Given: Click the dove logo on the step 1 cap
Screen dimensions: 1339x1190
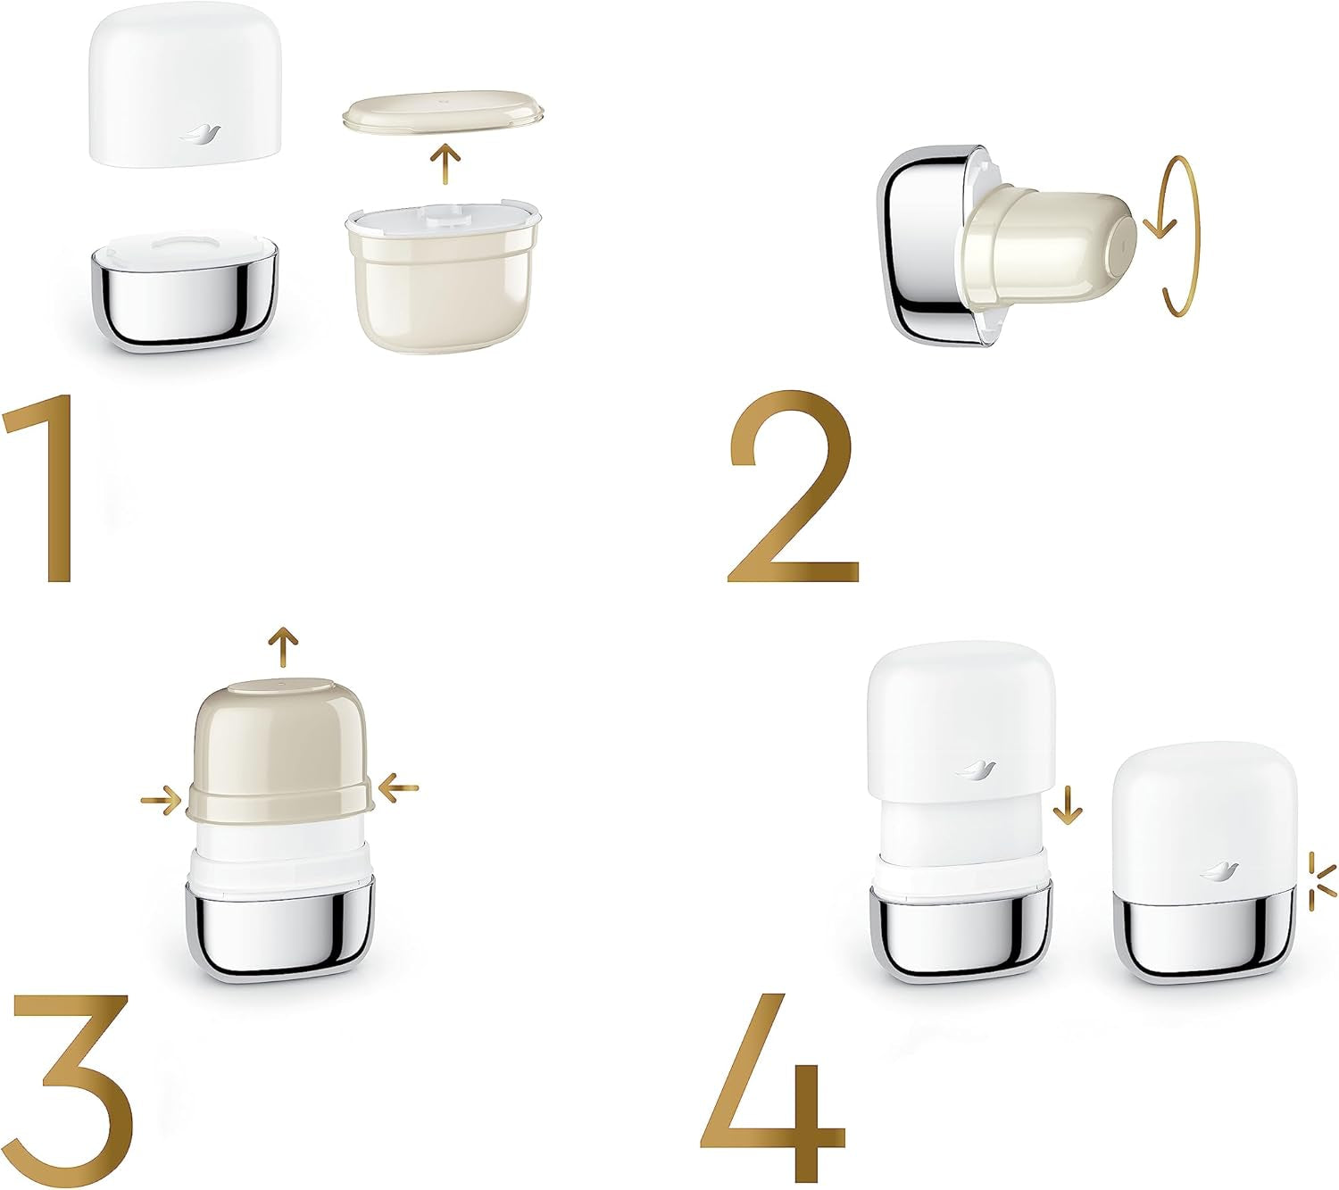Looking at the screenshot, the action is point(198,134).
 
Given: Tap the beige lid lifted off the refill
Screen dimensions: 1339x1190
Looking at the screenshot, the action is point(444,113).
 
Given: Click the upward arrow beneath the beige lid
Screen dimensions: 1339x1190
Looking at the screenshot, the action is point(445,164).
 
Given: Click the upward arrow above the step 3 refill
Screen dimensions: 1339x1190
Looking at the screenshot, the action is point(284,646).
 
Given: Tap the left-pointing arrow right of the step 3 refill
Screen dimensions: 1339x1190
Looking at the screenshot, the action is point(398,787).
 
